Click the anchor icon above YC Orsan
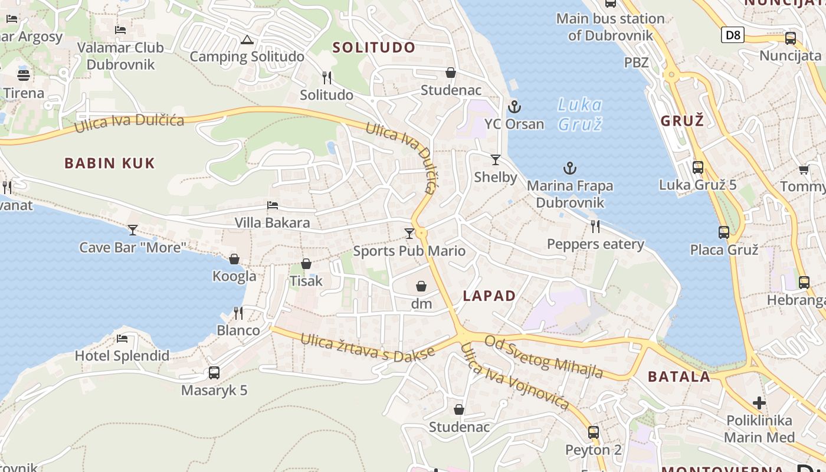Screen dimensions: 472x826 [514, 107]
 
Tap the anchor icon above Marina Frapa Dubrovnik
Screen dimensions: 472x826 [569, 169]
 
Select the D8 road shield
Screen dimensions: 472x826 [732, 35]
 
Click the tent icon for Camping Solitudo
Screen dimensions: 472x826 [247, 40]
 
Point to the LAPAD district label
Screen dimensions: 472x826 [489, 296]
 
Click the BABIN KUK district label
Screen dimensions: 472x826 [110, 163]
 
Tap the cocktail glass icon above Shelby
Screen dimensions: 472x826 [495, 160]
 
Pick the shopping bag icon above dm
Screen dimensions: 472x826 [421, 287]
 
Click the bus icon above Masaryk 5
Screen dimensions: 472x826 [214, 373]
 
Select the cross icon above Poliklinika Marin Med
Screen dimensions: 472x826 [759, 404]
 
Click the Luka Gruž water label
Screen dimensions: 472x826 [579, 114]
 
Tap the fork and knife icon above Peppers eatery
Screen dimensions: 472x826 [595, 227]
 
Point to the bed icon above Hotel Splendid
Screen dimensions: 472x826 [122, 339]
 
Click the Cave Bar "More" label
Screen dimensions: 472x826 [133, 247]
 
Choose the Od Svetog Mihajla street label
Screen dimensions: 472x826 [543, 356]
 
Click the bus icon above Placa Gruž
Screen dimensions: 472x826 [724, 232]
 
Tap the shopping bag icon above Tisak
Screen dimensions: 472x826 [306, 264]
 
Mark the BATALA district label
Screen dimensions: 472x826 [678, 377]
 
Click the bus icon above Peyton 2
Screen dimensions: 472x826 [594, 432]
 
